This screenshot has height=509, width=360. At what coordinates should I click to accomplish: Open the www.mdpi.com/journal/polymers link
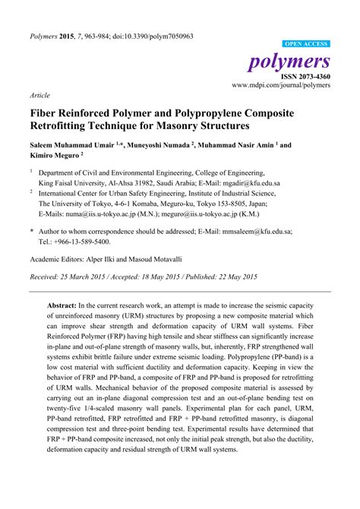pyautogui.click(x=280, y=87)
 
